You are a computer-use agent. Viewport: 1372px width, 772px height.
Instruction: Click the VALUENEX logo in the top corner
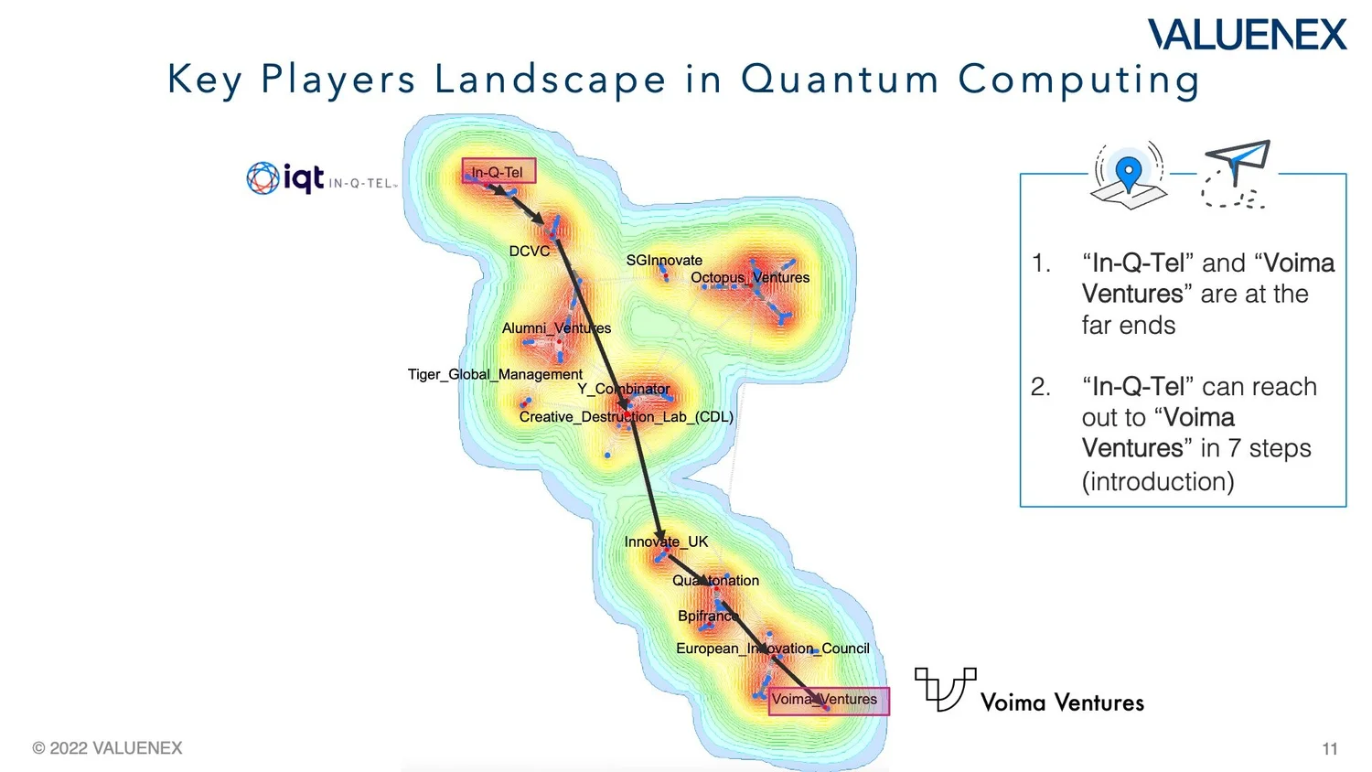[1248, 35]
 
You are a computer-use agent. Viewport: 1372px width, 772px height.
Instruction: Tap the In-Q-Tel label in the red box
[498, 172]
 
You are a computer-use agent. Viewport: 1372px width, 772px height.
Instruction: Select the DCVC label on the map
[530, 252]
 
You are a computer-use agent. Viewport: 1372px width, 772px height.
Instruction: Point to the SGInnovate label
[664, 261]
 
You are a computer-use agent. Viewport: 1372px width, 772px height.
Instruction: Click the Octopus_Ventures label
[750, 277]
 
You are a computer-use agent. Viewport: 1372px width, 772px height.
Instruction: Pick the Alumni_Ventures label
[556, 328]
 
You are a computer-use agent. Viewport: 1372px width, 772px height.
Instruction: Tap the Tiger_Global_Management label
[495, 374]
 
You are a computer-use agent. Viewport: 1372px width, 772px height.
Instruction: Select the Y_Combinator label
[623, 389]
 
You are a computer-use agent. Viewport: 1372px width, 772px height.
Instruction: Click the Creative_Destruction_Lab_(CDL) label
[627, 417]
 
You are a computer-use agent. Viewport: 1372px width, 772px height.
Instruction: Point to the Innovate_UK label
[666, 541]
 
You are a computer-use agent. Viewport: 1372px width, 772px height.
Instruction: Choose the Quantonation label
[715, 581]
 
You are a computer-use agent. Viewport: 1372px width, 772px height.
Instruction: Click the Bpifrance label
[707, 616]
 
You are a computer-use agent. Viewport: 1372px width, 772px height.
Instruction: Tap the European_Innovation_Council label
[773, 649]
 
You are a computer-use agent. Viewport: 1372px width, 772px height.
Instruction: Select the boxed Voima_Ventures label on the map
[825, 700]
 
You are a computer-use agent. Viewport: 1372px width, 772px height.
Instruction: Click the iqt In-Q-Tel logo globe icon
[263, 177]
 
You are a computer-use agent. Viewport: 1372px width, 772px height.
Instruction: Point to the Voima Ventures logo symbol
[945, 688]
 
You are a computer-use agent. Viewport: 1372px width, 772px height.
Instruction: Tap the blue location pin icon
[1130, 173]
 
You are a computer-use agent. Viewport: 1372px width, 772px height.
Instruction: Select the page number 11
[1330, 749]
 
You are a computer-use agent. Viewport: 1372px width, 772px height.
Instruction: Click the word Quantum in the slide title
[840, 80]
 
